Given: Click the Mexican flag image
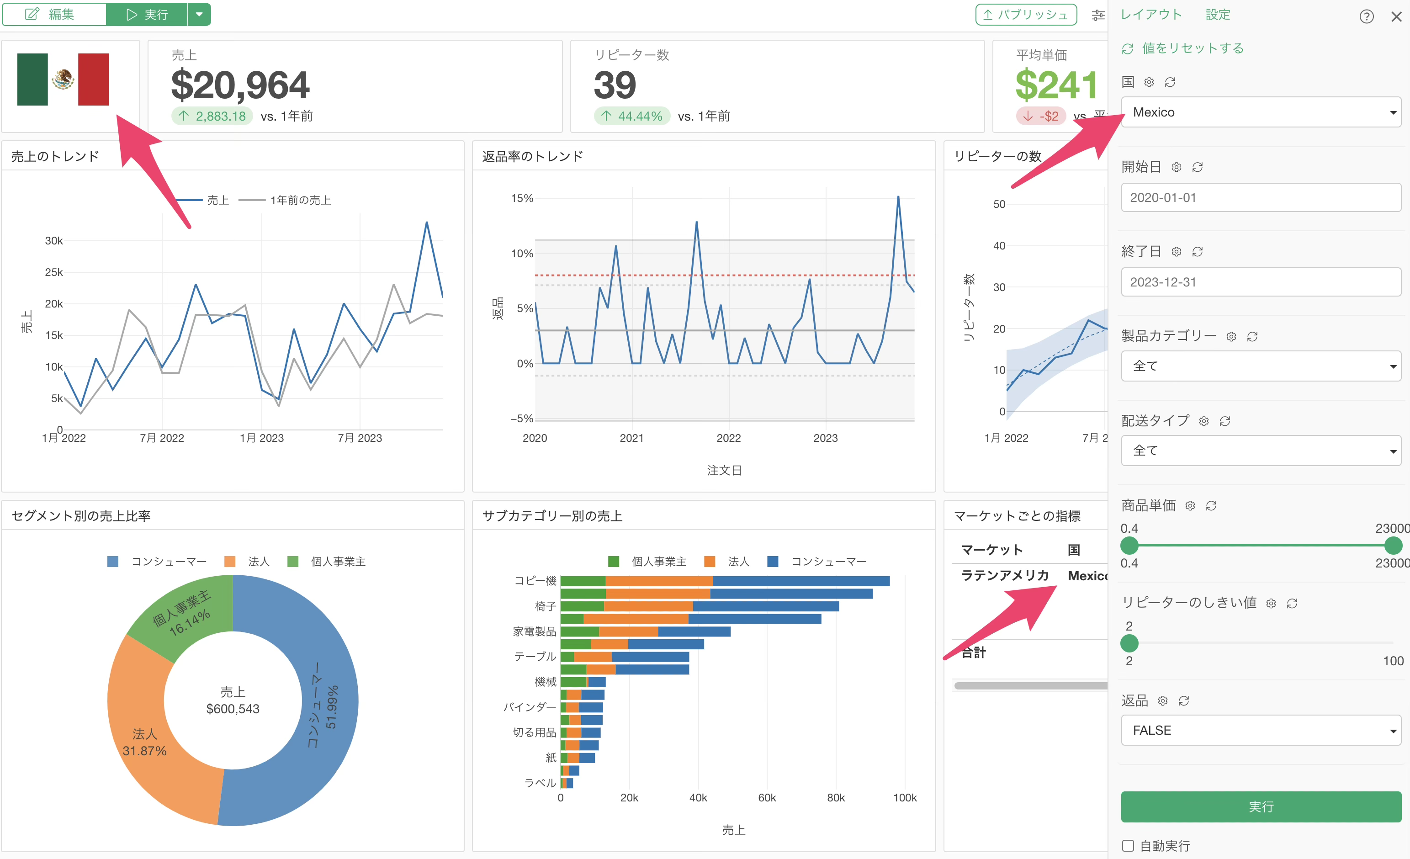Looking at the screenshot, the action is (63, 80).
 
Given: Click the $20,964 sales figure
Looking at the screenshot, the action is (240, 85).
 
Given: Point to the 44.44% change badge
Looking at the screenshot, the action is (632, 116).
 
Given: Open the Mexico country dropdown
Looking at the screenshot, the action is (1261, 112).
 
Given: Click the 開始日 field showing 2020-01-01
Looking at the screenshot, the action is (1261, 197).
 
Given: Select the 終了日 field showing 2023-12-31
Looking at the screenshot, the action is (1261, 282).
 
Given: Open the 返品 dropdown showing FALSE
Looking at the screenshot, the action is (1261, 730).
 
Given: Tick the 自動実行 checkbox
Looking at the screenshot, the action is (1128, 845).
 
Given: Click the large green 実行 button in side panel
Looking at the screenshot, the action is (1261, 806).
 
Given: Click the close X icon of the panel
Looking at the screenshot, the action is (1396, 16).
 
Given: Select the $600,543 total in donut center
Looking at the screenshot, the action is (233, 709).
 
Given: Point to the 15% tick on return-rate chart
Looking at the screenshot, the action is (522, 199).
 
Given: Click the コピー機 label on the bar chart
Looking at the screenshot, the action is (535, 581).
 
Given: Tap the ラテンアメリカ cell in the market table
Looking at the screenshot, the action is (1005, 575).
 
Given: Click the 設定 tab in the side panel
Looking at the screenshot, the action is (1218, 14).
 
